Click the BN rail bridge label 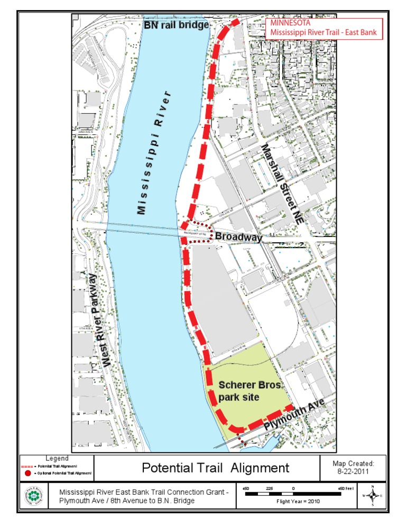pos(176,25)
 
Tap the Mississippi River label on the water pos(154,153)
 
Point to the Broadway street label pos(238,238)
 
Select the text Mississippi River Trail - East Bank pos(323,33)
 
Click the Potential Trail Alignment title pos(215,468)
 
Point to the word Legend pos(57,458)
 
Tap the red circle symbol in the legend pos(28,473)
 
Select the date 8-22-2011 pos(354,471)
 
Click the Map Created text pos(354,464)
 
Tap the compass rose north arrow pos(373,495)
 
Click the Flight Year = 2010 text pos(299,501)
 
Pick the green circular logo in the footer pos(34,496)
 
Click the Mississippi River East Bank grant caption pos(144,496)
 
